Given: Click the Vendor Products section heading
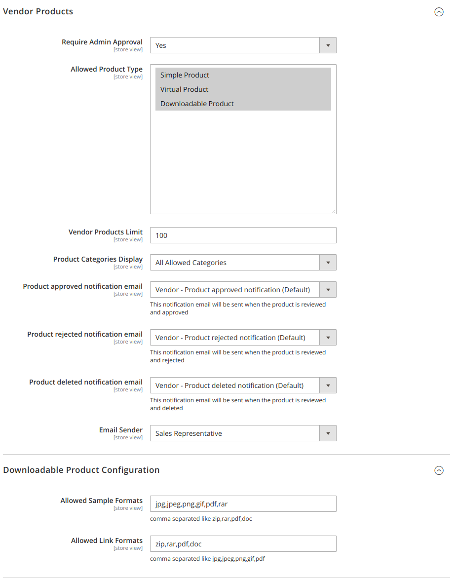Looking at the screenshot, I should tap(38, 11).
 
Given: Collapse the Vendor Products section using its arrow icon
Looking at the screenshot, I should tap(439, 12).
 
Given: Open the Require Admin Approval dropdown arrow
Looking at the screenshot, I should tap(328, 45).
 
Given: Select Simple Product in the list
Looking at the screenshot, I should tap(185, 75).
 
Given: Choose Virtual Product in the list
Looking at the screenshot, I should tap(184, 89).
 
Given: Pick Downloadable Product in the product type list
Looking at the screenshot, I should tap(197, 104).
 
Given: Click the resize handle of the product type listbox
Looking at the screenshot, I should tap(334, 211).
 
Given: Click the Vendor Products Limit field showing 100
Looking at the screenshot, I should tap(243, 235).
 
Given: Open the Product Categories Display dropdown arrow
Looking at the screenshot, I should tap(328, 263).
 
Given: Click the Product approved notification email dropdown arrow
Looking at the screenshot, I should tap(328, 290).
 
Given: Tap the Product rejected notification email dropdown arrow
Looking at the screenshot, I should tap(328, 338).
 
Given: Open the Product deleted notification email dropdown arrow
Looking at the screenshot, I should tap(328, 385).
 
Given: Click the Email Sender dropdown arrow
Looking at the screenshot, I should tap(328, 433).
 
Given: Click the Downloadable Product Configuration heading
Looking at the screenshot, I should tap(81, 470).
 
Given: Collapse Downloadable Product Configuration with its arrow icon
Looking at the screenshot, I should tap(439, 471).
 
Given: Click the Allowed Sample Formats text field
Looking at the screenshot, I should tap(243, 504).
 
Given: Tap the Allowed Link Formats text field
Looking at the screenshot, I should tap(243, 544).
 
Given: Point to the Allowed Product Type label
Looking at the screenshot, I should tap(107, 69).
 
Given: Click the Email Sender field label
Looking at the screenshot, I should tap(121, 430).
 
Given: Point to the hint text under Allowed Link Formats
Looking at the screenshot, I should tap(207, 559).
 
